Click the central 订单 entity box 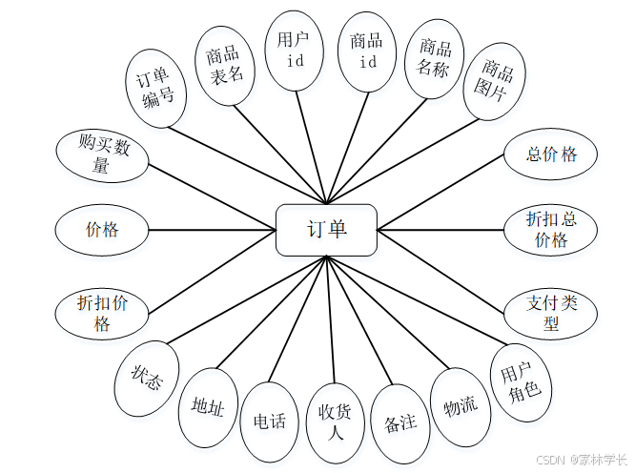click(326, 230)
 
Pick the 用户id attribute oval click(292, 49)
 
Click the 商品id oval click(366, 51)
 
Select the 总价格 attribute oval click(552, 155)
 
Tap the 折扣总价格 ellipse click(551, 229)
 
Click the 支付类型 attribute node click(552, 312)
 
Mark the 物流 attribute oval click(460, 406)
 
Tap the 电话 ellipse click(270, 419)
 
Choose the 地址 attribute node click(208, 409)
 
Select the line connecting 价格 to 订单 click(211, 229)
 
